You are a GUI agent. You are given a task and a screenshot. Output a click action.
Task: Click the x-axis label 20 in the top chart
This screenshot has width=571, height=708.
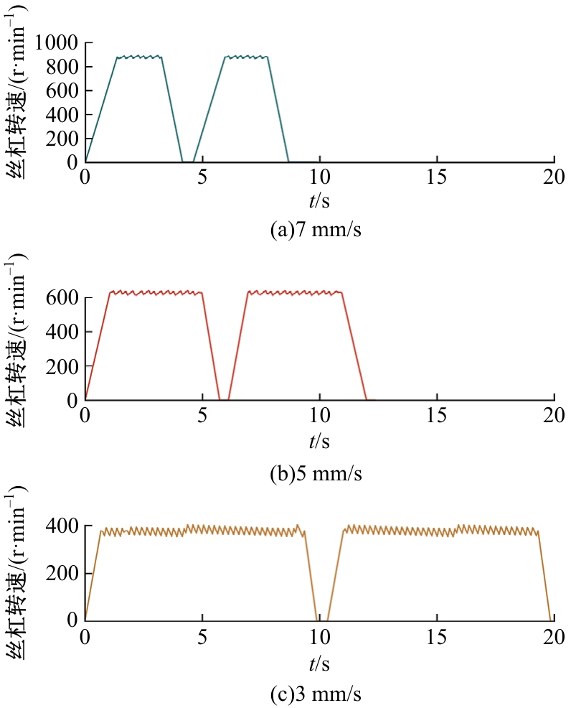pyautogui.click(x=554, y=177)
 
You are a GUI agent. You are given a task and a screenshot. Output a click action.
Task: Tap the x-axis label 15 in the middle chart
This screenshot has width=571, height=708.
pyautogui.click(x=436, y=416)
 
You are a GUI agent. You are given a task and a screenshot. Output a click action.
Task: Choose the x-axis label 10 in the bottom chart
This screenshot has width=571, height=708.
pyautogui.click(x=319, y=636)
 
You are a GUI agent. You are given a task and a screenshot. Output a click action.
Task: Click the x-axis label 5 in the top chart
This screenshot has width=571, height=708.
pyautogui.click(x=202, y=177)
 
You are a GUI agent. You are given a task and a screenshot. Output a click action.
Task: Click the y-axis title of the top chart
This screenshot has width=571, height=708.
pyautogui.click(x=20, y=104)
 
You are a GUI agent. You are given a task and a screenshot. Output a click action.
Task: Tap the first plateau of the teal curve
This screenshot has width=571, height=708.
pyautogui.click(x=139, y=57)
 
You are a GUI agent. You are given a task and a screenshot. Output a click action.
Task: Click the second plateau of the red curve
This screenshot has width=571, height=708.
pyautogui.click(x=295, y=292)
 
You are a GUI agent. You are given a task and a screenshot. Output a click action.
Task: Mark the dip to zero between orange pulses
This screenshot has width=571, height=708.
pyautogui.click(x=322, y=618)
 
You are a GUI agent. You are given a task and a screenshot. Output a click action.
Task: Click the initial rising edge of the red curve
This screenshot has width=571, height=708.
pyautogui.click(x=98, y=345)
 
